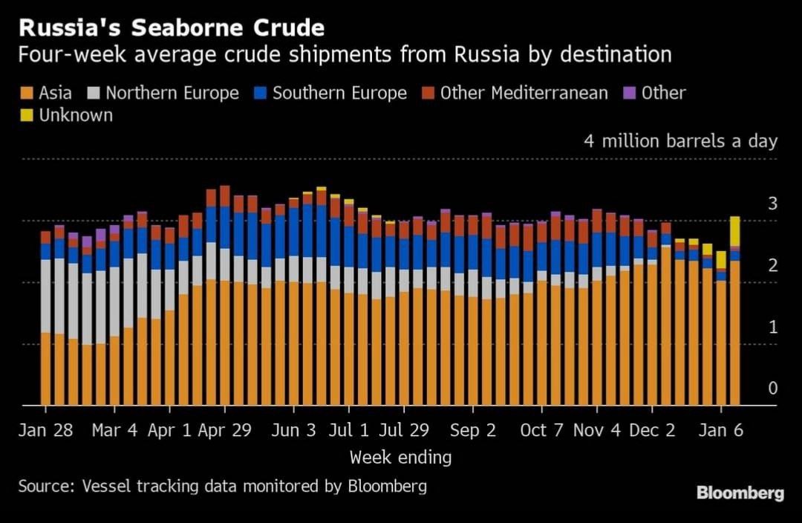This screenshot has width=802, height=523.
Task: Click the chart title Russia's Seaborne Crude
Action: coord(172,28)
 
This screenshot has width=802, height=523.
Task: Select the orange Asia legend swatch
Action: coord(26,94)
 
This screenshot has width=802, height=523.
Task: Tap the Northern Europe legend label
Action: coord(172,94)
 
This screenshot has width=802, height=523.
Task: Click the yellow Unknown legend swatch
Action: coord(26,116)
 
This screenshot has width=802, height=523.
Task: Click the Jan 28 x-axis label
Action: coord(46,431)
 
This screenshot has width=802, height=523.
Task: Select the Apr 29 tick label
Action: coord(226,431)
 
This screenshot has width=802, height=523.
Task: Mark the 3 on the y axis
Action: coord(772,204)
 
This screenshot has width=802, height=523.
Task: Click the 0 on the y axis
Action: coord(772,389)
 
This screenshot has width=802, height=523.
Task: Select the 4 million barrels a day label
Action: coord(680,141)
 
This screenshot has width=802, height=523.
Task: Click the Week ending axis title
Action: coord(400,457)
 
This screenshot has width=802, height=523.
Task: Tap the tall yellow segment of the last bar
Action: coord(734,231)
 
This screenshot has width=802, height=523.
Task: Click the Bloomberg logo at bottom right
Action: coord(740,493)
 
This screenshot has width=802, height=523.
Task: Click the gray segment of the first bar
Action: coord(45,296)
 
